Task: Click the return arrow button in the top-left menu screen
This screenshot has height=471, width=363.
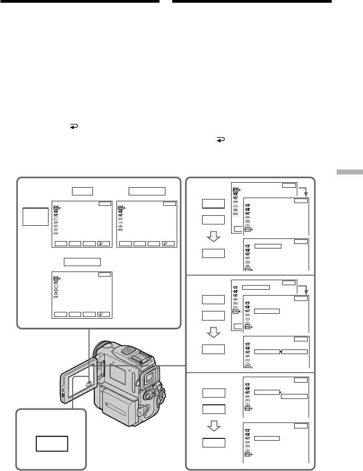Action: [x=104, y=243]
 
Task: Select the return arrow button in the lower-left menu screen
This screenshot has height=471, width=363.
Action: [x=104, y=314]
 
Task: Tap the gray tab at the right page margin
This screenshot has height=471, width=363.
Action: [x=350, y=172]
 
